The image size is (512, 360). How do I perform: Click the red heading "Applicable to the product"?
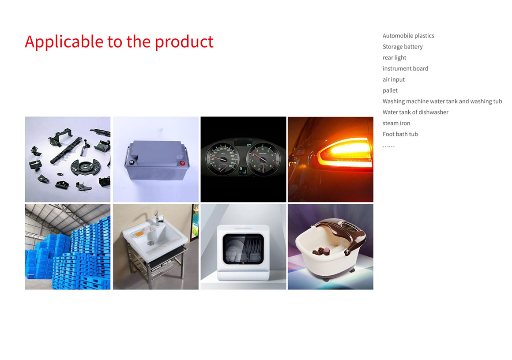coord(119,42)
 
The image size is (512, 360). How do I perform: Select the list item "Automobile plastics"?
coord(408,36)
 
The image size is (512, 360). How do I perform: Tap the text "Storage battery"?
coord(403,47)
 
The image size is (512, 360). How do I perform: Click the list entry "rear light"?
coord(395,58)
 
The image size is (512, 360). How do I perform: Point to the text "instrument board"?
coord(405,68)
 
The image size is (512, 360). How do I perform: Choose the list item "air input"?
coord(393,80)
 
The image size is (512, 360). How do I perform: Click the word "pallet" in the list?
coord(390,90)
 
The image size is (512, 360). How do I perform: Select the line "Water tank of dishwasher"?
coord(415,112)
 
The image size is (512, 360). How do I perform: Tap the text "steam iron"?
coord(396,123)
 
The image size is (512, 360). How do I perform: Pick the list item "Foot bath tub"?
coord(400,134)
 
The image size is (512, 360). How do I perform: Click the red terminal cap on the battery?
coord(182,163)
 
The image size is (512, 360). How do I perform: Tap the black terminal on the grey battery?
coord(132,162)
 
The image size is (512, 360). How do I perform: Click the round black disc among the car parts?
coord(84,167)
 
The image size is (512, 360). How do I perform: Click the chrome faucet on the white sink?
coord(157,218)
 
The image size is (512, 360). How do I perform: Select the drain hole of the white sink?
coord(151,243)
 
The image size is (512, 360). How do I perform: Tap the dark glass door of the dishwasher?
coord(243,249)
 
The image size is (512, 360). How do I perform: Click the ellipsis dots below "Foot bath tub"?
coord(388,146)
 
